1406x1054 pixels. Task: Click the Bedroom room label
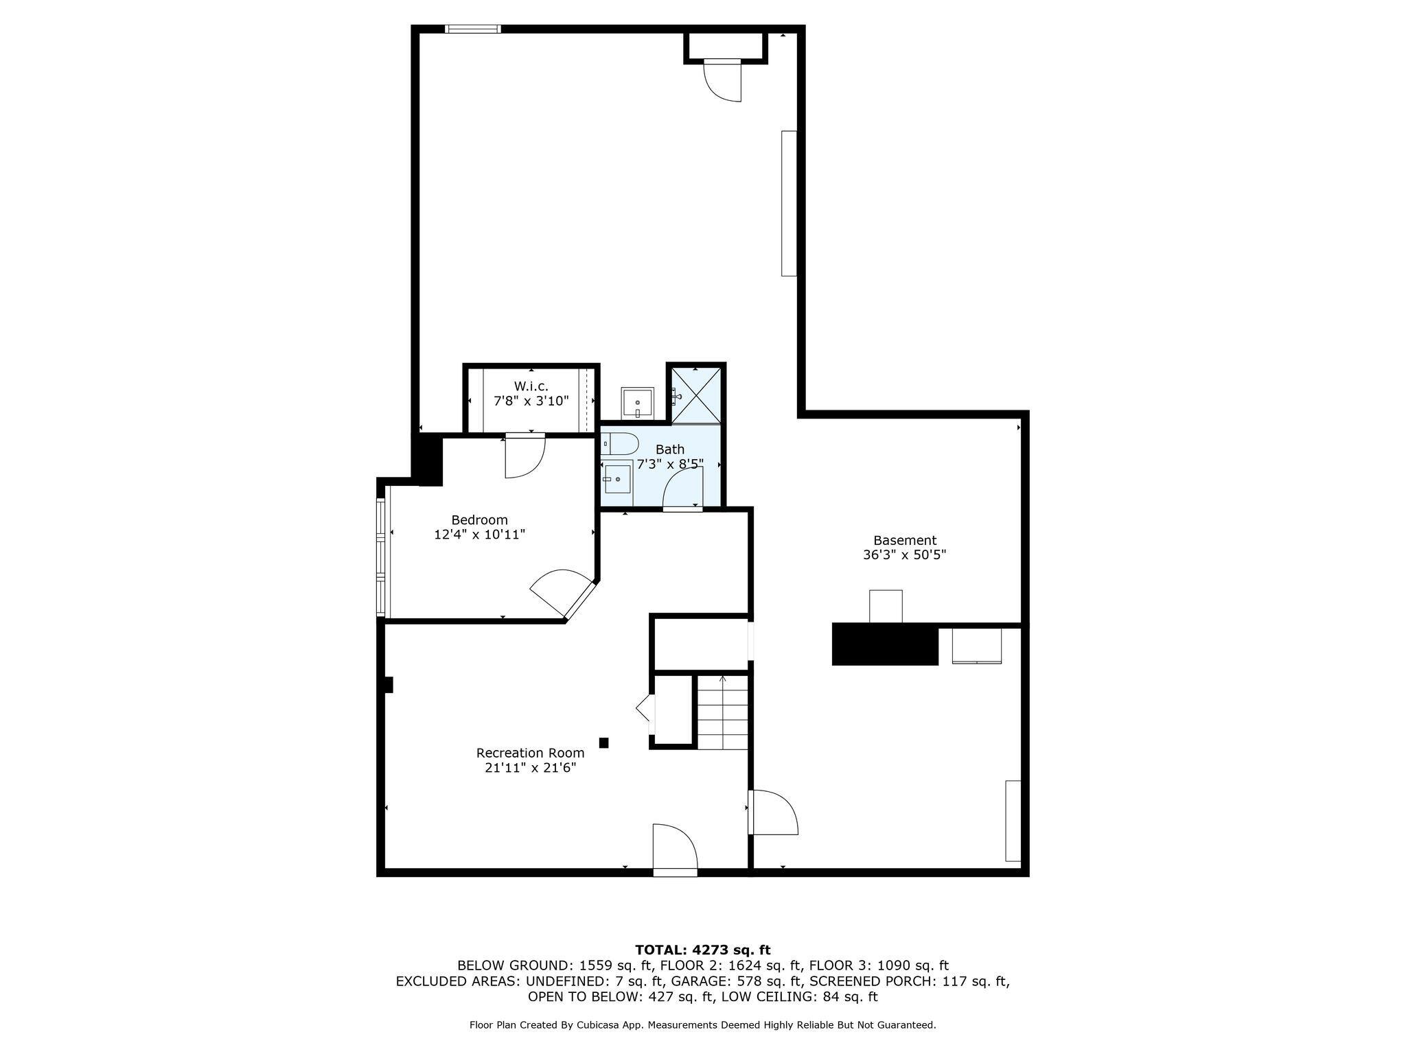[479, 520]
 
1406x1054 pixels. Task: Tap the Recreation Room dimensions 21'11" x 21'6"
[530, 768]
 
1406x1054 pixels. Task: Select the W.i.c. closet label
[531, 386]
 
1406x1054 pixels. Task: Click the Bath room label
[669, 449]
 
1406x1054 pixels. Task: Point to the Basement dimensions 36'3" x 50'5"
[904, 555]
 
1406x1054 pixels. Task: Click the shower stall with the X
[696, 396]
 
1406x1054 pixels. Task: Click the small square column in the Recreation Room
[604, 742]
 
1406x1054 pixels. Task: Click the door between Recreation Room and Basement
[773, 812]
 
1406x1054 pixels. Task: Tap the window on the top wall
[472, 29]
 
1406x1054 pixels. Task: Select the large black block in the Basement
[884, 644]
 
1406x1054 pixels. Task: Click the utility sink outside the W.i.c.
[637, 403]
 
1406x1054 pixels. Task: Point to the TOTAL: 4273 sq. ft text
[702, 950]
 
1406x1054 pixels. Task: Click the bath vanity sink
[617, 478]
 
